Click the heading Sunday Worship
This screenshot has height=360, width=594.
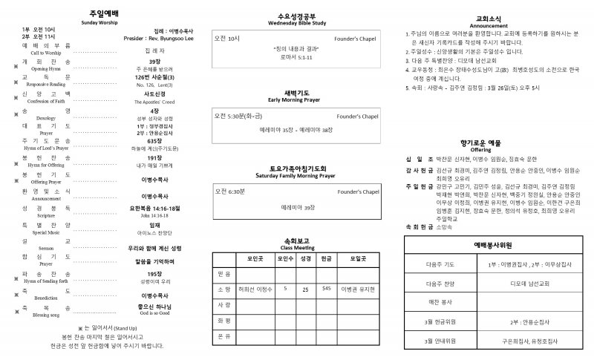[99, 23]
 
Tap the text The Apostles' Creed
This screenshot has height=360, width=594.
[154, 101]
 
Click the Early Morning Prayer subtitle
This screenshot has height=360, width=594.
[296, 99]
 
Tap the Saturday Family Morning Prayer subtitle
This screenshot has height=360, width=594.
[296, 175]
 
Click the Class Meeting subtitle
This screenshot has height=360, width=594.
[296, 247]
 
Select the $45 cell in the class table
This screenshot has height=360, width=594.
[326, 288]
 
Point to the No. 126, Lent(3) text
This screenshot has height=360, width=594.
[154, 85]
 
